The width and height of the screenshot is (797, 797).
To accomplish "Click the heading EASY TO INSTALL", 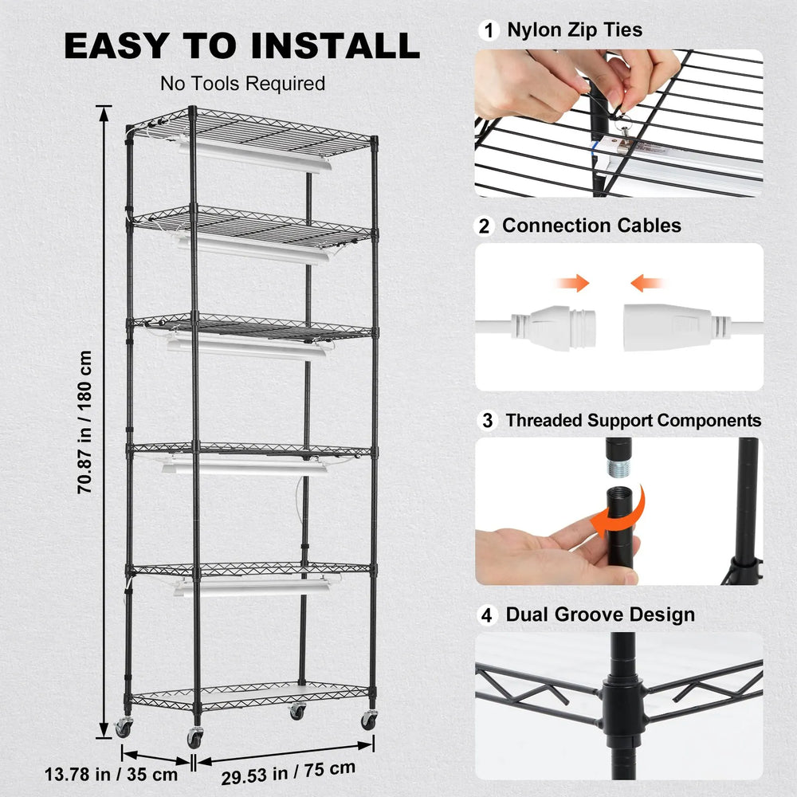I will (241, 46).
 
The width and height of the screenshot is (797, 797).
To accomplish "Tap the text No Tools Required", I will (242, 84).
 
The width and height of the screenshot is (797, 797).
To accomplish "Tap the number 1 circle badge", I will (487, 31).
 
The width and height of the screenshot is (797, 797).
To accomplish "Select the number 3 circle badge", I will (487, 420).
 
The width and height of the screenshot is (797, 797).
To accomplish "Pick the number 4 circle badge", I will (487, 615).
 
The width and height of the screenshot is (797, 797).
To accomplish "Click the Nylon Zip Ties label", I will (574, 31).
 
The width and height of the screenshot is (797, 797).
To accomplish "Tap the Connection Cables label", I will (591, 226).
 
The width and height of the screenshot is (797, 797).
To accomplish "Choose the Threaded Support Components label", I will (634, 420).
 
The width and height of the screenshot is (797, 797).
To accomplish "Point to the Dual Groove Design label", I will (600, 615).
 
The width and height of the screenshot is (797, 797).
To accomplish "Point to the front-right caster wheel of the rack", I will (369, 720).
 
